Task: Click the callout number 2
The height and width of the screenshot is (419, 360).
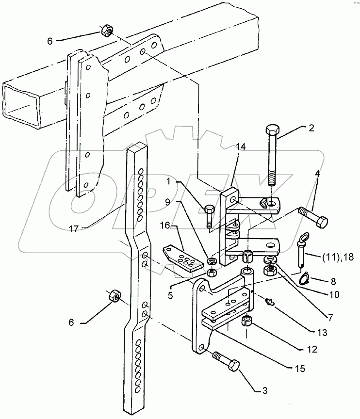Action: pos(311,128)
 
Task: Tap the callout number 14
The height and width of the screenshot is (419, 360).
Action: pos(241,147)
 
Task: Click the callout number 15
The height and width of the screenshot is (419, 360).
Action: pos(300,369)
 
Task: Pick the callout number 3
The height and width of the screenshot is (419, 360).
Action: pos(264,391)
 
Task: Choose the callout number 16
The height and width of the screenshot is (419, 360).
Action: pos(165,226)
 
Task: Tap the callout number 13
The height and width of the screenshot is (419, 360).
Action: pos(322,333)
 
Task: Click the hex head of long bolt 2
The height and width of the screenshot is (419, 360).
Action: pos(273,130)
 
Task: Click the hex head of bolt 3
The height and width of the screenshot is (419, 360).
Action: pos(233,366)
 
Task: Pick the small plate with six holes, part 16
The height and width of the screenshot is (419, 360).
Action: pos(181,259)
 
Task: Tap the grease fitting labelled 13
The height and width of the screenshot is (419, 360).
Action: pos(270,302)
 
